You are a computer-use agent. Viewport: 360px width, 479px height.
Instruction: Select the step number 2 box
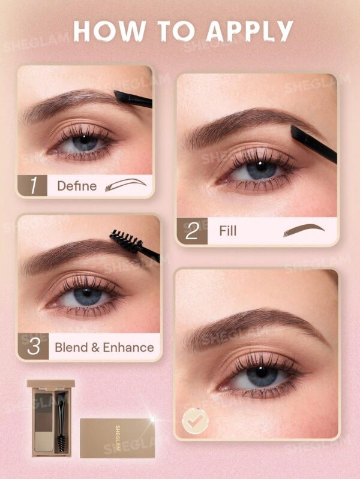[192, 231]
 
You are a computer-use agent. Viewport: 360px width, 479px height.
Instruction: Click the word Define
[77, 186]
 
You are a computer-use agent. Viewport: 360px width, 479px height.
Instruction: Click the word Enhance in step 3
[128, 347]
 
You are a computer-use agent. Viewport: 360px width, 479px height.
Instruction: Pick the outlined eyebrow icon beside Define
[125, 185]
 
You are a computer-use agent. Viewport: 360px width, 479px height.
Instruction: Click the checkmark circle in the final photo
[195, 420]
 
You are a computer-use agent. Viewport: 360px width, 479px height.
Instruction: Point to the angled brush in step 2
[313, 144]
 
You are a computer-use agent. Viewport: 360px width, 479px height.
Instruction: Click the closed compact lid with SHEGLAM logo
[116, 437]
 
